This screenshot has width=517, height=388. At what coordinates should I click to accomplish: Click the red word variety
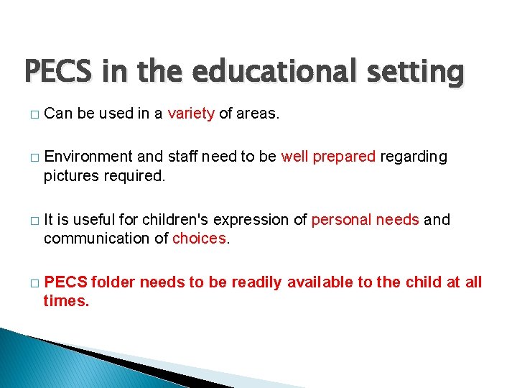(x=191, y=114)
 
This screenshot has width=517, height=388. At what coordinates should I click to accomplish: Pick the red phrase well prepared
(x=328, y=157)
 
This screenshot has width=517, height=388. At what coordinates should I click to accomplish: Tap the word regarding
(x=414, y=157)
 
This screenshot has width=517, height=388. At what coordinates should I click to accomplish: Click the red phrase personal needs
(x=365, y=220)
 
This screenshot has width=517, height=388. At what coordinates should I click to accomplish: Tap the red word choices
(x=200, y=239)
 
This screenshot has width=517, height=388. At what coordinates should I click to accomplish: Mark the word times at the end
(x=65, y=301)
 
